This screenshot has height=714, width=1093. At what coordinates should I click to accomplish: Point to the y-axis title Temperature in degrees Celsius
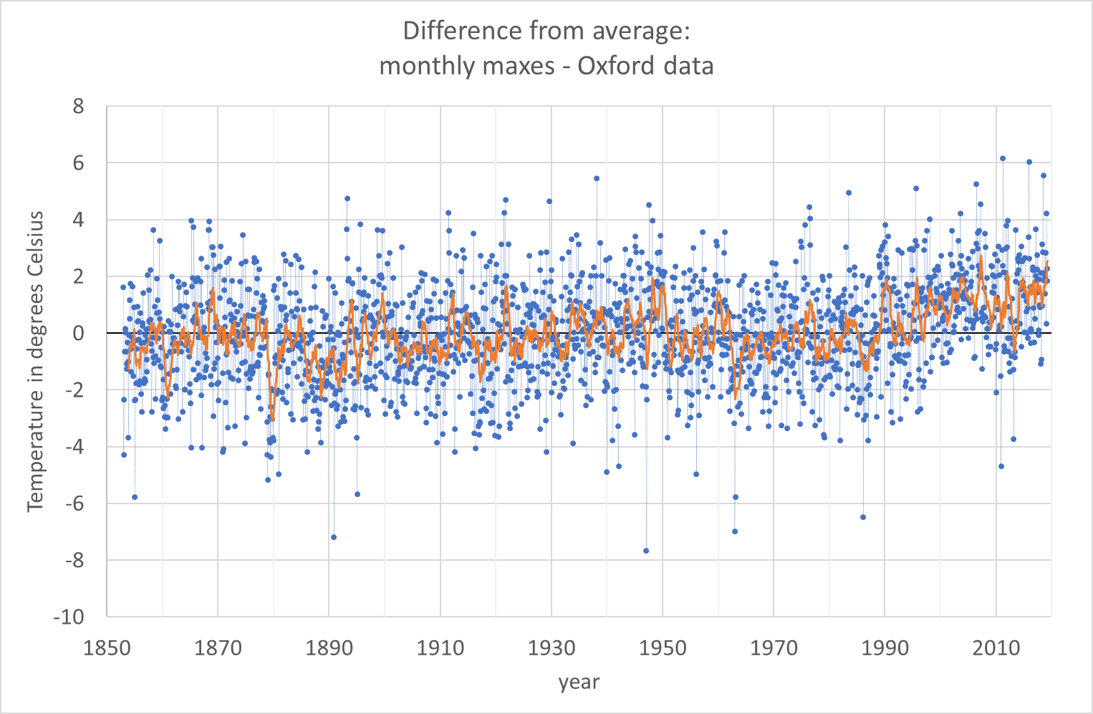[35, 362]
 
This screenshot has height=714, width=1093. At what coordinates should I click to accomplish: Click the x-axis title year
[579, 682]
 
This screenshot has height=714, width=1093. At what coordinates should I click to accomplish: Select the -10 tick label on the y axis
[69, 617]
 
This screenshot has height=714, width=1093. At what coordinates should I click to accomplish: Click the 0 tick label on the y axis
[78, 333]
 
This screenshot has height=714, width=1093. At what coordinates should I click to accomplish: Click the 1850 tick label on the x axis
[107, 648]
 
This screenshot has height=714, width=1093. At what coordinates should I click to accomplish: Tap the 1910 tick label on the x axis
[440, 648]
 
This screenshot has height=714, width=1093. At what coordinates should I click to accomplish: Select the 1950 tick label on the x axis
[663, 648]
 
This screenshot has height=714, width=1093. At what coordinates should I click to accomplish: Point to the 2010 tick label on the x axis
[996, 648]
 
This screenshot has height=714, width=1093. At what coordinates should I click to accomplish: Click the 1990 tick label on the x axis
[885, 648]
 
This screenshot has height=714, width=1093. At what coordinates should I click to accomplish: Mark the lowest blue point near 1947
[646, 551]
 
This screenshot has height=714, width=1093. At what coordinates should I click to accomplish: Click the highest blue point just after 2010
[1003, 159]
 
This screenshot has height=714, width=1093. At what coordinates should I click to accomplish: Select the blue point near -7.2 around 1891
[334, 537]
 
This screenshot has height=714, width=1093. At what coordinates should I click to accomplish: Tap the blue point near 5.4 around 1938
[597, 179]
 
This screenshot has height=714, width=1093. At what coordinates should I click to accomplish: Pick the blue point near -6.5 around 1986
[863, 517]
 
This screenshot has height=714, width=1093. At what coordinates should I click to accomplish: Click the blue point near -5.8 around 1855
[135, 497]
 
